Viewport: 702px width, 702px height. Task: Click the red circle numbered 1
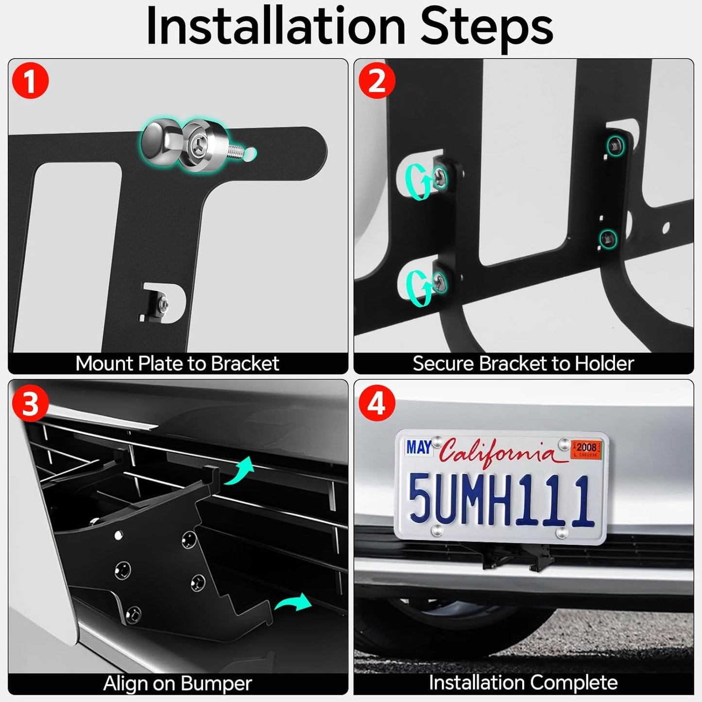tap(30, 81)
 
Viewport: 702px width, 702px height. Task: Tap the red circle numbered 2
tap(377, 81)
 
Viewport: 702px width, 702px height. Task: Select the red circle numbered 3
tap(30, 403)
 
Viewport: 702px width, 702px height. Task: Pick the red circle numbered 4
tap(377, 403)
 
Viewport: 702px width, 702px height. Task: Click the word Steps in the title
tap(486, 27)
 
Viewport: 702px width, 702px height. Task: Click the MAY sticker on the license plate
tap(419, 447)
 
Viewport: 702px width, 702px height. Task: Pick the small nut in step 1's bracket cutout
tap(164, 304)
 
